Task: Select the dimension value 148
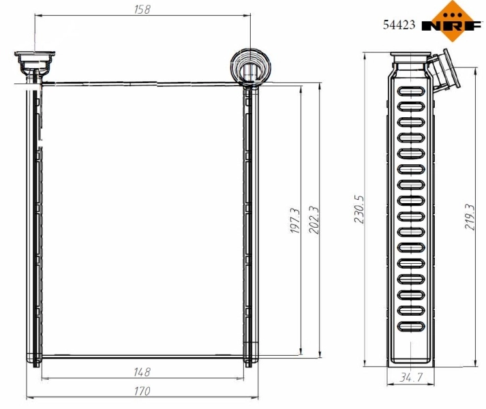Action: [142, 372]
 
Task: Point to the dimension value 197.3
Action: [294, 222]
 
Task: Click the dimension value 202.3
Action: [314, 222]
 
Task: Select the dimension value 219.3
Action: [470, 217]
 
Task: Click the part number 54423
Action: [398, 26]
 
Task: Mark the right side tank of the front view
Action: [249, 222]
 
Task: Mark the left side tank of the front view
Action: [33, 222]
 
